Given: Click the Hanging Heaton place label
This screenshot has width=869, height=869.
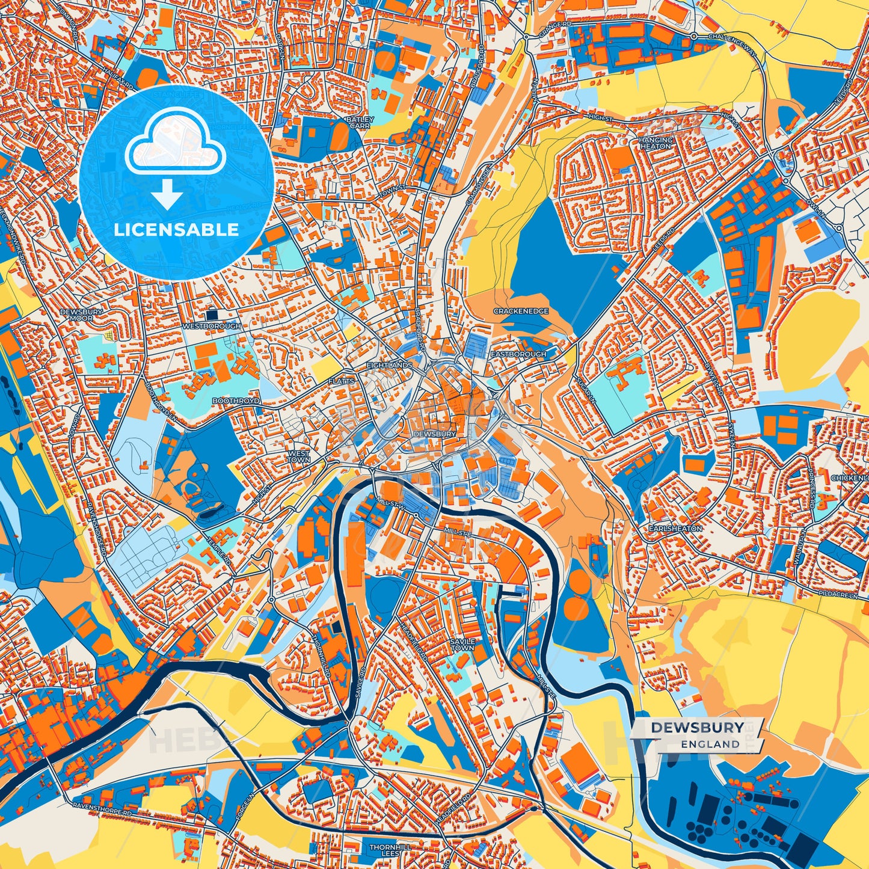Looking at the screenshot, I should point(656,143).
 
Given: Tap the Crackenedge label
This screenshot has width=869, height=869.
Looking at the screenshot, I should point(521,311).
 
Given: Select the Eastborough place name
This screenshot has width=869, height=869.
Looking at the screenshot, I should point(518,354).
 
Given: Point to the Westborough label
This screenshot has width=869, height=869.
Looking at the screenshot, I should point(211,326).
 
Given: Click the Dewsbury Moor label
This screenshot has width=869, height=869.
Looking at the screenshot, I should point(81,315).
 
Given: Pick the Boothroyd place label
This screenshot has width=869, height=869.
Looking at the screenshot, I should point(236,401).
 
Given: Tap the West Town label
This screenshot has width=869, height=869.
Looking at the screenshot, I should point(299,456).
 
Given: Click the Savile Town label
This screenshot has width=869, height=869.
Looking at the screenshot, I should point(462,645).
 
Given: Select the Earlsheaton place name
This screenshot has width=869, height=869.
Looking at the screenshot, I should point(675,528).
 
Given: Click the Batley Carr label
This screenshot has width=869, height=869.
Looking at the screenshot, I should point(360,123).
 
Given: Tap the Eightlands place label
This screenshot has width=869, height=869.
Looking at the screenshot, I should point(390,365).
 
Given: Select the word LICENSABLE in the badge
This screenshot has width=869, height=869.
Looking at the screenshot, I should point(176,230).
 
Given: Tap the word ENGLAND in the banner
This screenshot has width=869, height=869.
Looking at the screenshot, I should point(710,744).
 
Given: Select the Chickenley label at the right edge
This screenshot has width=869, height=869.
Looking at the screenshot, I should point(849,477).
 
